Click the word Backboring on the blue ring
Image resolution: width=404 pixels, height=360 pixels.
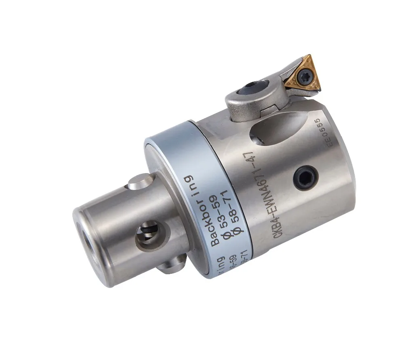[202, 210]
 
